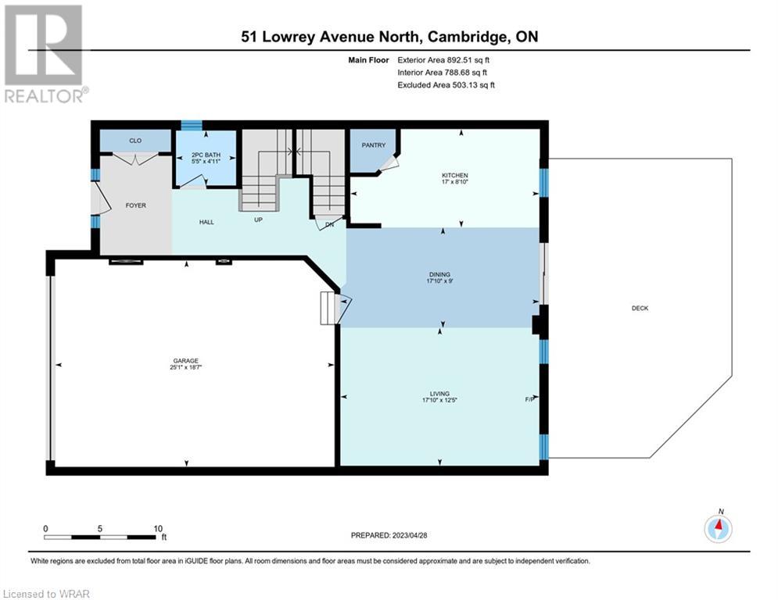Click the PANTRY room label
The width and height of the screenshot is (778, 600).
point(373,145)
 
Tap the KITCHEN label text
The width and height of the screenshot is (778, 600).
point(455,176)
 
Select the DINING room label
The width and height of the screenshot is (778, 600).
point(439,274)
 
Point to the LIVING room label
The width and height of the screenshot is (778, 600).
point(439,394)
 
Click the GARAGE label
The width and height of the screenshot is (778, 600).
point(186,361)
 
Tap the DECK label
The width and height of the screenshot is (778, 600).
point(640,309)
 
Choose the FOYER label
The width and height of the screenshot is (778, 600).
point(136,205)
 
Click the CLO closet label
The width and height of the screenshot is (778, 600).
point(135,141)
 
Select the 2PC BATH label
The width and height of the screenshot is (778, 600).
point(206,155)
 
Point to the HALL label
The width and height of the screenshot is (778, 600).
point(206,222)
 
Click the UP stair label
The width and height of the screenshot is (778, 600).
point(258,220)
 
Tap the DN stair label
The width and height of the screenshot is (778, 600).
point(329,225)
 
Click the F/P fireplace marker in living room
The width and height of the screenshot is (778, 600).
point(530,399)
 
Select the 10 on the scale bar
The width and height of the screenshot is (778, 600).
point(158,529)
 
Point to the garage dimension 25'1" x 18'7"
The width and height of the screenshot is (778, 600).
point(186,367)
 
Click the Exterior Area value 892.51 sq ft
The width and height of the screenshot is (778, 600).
point(468,60)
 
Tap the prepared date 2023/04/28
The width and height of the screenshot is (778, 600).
point(410,535)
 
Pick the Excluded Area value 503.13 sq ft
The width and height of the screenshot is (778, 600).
point(474,85)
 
